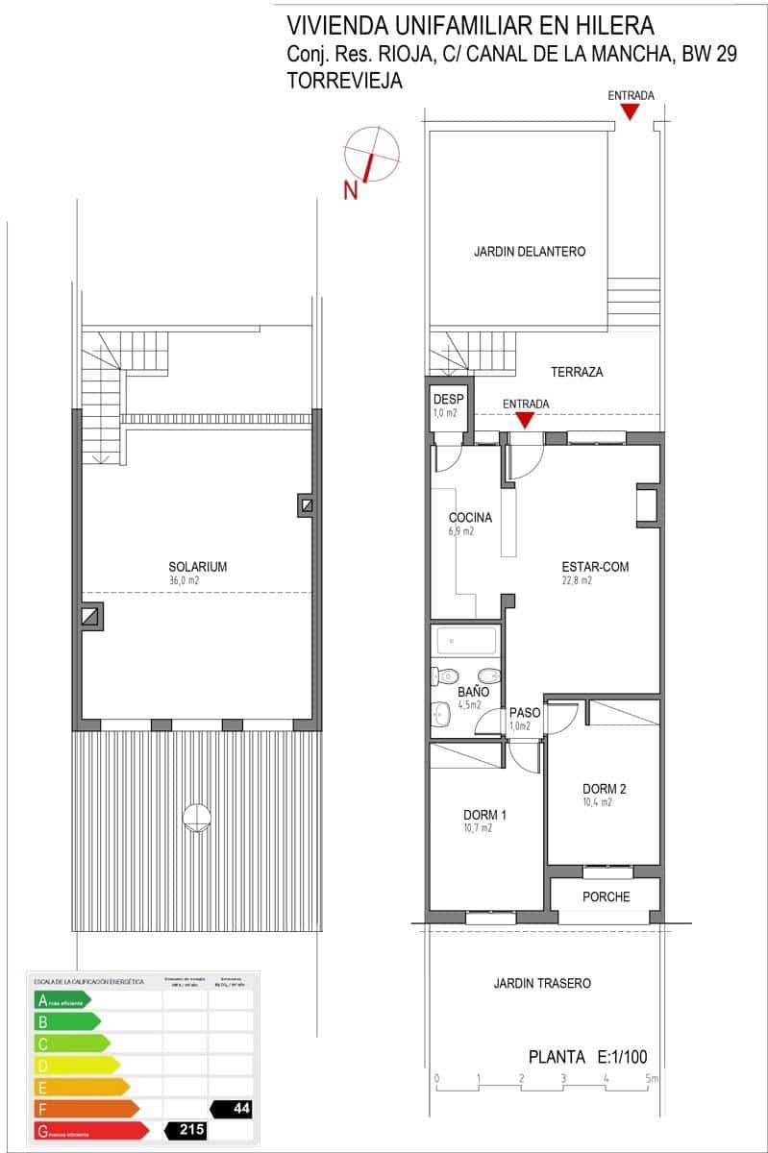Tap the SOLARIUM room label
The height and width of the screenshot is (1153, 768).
click(x=197, y=567)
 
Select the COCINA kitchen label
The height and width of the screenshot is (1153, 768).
click(x=470, y=518)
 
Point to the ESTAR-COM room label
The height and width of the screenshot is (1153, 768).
click(x=595, y=567)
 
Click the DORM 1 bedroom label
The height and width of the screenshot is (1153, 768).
click(x=483, y=815)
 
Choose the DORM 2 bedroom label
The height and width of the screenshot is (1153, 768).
click(x=604, y=790)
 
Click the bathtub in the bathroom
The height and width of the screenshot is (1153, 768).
click(x=466, y=641)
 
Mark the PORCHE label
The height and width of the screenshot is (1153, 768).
click(x=607, y=897)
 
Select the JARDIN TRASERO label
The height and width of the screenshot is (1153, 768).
click(x=542, y=984)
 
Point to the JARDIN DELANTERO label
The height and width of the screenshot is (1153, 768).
click(x=530, y=252)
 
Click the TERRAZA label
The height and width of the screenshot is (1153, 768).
click(x=577, y=373)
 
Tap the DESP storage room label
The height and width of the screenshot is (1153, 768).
click(x=449, y=400)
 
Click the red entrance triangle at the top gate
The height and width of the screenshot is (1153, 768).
click(x=630, y=112)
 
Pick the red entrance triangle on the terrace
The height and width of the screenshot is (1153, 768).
click(x=525, y=420)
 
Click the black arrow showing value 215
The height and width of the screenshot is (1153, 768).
click(x=186, y=1130)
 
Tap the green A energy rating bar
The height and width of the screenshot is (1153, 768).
click(x=62, y=1000)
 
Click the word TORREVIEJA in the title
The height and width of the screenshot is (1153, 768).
click(x=344, y=83)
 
